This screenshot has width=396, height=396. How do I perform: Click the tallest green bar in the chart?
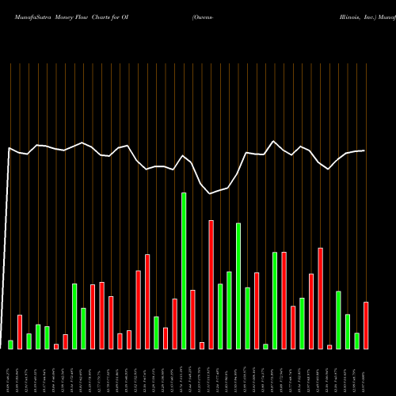[x=184, y=270]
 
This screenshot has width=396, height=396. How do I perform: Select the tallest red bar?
[x=211, y=284]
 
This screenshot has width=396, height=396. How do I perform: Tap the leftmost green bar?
[x=11, y=345]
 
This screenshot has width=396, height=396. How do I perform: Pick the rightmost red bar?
[x=366, y=326]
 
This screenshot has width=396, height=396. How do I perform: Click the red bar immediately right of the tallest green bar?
[x=193, y=319]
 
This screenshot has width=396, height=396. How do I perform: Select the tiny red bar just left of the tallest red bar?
[x=202, y=345]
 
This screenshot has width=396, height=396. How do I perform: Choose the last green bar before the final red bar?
[x=357, y=341]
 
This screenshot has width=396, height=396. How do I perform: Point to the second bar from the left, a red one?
[x=20, y=332]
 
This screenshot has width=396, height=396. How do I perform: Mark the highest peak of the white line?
[x=274, y=142]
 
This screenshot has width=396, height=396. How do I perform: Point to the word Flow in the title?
[x=87, y=16]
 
